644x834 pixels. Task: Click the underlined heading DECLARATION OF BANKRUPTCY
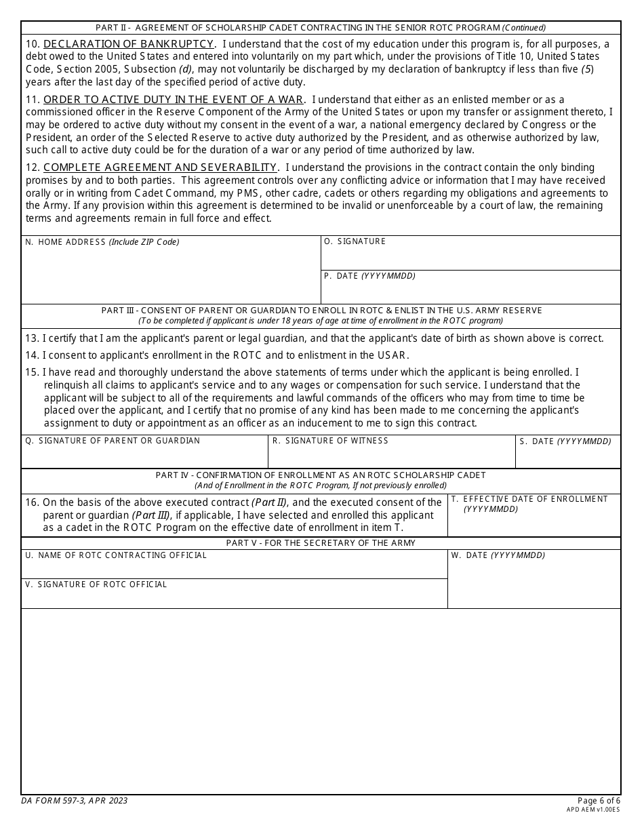coord(129,44)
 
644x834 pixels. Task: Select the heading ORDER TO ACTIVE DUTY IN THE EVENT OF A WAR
coord(173,100)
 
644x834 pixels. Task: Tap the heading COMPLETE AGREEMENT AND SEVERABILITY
coord(160,167)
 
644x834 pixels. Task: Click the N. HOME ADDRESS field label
coord(102,242)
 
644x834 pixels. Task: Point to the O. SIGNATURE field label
coord(355,241)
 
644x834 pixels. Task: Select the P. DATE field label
coord(369,276)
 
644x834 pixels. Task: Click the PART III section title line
coord(321,311)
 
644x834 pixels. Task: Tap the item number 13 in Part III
coord(32,338)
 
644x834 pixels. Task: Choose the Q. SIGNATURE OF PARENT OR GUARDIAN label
coord(113,441)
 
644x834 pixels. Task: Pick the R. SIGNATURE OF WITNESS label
coord(330,441)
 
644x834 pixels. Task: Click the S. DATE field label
coord(565,441)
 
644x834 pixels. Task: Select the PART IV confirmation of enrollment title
coord(321,475)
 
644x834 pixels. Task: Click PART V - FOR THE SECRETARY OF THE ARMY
coord(321,543)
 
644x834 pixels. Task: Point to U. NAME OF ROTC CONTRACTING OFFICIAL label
coord(116,555)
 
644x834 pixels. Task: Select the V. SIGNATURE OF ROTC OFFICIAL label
coord(96,584)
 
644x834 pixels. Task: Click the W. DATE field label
coord(498,555)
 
